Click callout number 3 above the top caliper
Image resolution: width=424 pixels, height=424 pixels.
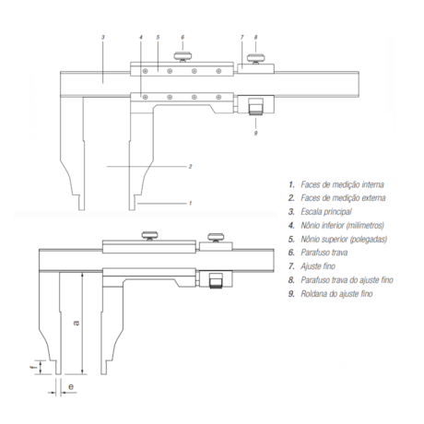(x=103, y=37)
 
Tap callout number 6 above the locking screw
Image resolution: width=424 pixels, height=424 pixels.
(x=183, y=37)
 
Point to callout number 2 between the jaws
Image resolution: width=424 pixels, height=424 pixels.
(x=189, y=167)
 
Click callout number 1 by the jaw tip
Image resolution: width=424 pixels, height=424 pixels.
(x=189, y=201)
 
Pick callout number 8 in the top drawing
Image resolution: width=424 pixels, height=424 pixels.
(x=255, y=37)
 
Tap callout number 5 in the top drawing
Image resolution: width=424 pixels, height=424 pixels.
(x=158, y=37)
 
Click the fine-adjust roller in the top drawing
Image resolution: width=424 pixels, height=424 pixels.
(x=255, y=108)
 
